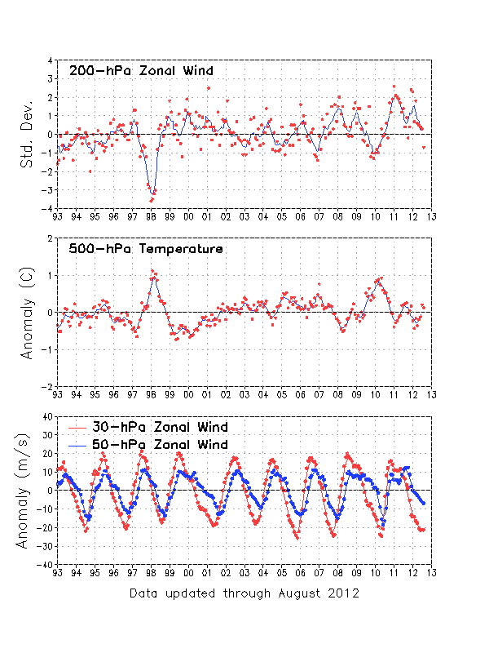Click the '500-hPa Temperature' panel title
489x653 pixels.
145,249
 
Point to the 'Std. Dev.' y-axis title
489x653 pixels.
28,134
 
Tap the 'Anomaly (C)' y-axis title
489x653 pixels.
28,312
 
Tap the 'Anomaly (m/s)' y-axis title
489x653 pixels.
28,490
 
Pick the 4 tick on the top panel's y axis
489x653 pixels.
51,60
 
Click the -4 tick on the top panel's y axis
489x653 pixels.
48,208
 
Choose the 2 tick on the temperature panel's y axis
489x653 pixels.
51,238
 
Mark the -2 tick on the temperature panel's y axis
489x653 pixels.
48,386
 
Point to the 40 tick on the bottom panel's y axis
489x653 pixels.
47,416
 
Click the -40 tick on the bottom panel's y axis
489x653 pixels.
46,564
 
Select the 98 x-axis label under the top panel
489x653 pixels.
151,217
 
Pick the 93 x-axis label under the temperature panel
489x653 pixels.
57,395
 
